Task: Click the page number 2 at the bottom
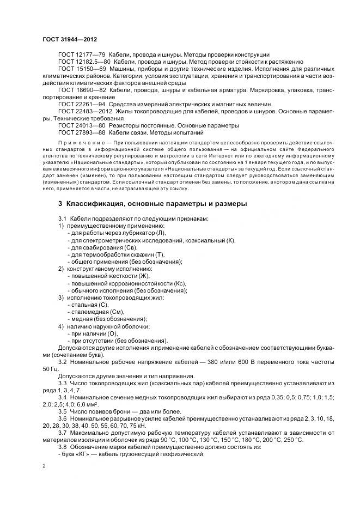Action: [x=44, y=466]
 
